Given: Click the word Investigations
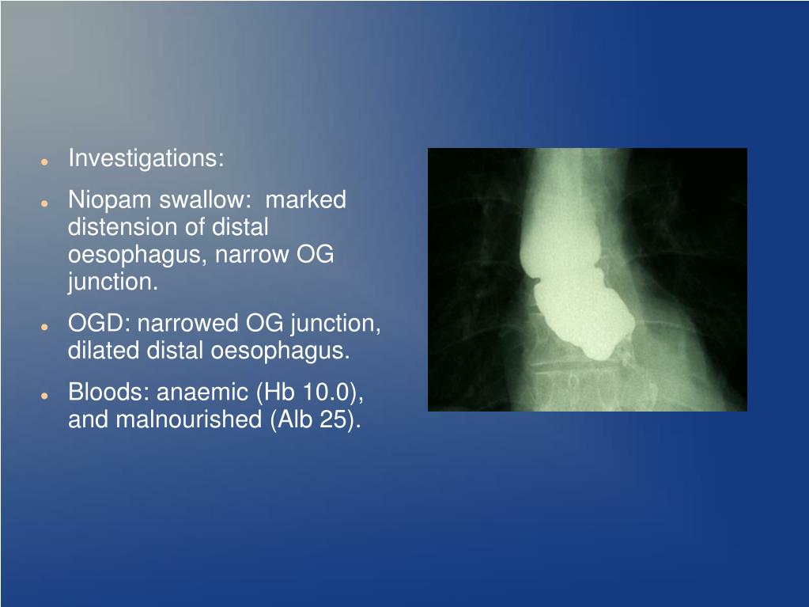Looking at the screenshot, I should coord(146,159).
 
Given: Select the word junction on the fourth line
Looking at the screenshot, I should coord(112,283).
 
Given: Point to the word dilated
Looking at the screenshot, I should coord(104,351).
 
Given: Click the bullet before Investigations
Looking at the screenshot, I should coord(46,161).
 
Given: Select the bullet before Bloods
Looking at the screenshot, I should coord(46,394).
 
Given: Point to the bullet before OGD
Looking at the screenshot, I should coord(46,325).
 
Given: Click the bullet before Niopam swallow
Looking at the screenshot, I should coord(46,202).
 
